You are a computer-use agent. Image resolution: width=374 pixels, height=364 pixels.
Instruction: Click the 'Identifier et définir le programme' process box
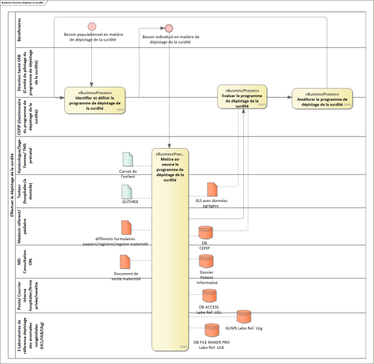tap(95, 100)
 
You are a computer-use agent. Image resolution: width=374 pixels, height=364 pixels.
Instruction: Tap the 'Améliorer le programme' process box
tap(321, 99)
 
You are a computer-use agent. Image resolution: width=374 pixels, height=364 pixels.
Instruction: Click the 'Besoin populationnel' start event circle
tap(92, 27)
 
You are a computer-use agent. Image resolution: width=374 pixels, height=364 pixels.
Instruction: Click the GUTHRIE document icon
tap(127, 191)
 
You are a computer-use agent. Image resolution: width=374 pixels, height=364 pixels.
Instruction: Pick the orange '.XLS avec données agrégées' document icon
tap(212, 189)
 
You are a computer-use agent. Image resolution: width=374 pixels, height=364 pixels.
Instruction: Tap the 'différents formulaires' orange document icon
tap(126, 228)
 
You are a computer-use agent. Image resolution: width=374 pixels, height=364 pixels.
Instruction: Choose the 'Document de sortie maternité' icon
tap(125, 261)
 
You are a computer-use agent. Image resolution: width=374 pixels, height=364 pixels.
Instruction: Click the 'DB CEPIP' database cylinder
tap(206, 232)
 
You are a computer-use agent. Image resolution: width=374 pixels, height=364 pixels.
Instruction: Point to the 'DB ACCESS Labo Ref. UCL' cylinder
tap(209, 295)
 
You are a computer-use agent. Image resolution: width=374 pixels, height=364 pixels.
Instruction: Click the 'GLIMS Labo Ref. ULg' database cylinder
tap(243, 317)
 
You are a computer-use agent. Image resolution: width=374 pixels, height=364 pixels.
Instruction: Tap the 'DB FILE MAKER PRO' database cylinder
tap(211, 331)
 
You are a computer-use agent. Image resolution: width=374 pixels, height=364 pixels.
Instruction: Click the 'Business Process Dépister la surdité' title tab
tap(27, 3)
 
